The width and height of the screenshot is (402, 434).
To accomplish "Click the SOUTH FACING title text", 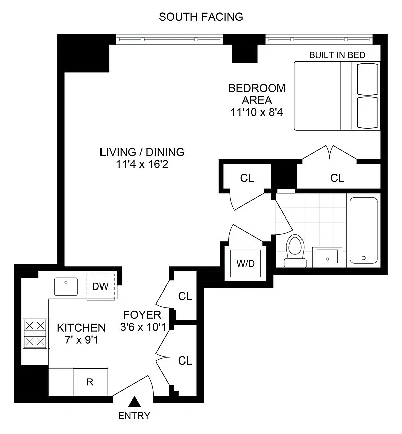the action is (x=201, y=17).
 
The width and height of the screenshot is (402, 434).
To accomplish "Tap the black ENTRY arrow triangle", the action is (x=135, y=402).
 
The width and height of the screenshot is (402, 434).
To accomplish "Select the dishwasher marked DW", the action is (x=101, y=287).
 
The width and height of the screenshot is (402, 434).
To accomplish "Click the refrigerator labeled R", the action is (x=90, y=382).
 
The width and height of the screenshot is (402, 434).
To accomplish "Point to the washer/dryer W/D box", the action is (x=245, y=263).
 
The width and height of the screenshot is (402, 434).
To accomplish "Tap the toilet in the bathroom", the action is (x=295, y=251).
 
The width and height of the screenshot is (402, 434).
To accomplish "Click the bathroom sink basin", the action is (x=327, y=257).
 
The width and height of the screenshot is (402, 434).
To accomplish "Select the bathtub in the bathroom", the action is (x=364, y=231).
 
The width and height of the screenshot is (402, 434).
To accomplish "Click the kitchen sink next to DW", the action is (x=66, y=286).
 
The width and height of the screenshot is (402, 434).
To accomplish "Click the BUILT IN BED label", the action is (x=337, y=55).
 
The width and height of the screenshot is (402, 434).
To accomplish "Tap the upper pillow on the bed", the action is (x=367, y=80).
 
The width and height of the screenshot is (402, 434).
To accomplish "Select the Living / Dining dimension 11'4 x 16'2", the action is (x=142, y=164).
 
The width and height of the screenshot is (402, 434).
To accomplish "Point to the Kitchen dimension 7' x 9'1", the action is (x=82, y=340).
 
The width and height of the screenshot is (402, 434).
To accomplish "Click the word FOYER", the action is (x=142, y=315).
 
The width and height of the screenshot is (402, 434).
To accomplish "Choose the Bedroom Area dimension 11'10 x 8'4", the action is (x=257, y=112).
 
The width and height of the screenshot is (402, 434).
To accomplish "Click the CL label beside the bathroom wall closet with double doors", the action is (x=337, y=178).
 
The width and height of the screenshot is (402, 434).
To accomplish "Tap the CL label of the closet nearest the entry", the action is (x=185, y=360).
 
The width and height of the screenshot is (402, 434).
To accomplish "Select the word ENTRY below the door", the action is (x=134, y=416).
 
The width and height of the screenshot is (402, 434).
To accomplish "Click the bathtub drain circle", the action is (x=364, y=258).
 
